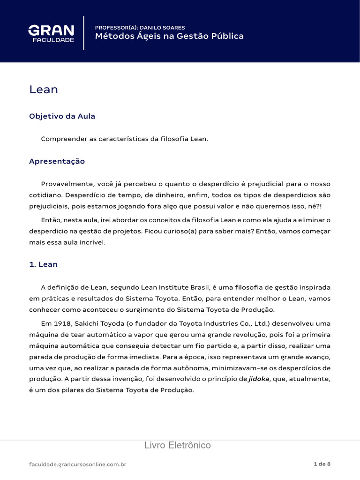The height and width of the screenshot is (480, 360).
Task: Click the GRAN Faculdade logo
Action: click(51, 33)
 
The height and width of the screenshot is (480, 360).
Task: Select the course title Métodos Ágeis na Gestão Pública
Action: click(169, 37)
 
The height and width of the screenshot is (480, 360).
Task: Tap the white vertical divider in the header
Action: click(84, 33)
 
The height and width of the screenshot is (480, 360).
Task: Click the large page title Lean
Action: click(44, 90)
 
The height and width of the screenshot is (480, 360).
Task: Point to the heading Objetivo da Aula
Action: click(62, 116)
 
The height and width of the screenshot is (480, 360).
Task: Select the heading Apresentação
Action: click(57, 161)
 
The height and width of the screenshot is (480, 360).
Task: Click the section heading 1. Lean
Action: click(43, 264)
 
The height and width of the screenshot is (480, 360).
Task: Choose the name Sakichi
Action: click(85, 323)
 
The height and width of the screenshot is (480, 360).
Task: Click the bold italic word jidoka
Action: click(259, 379)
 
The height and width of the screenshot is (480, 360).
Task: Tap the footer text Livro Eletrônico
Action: click(178, 445)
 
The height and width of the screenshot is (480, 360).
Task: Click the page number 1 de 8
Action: click(322, 464)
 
